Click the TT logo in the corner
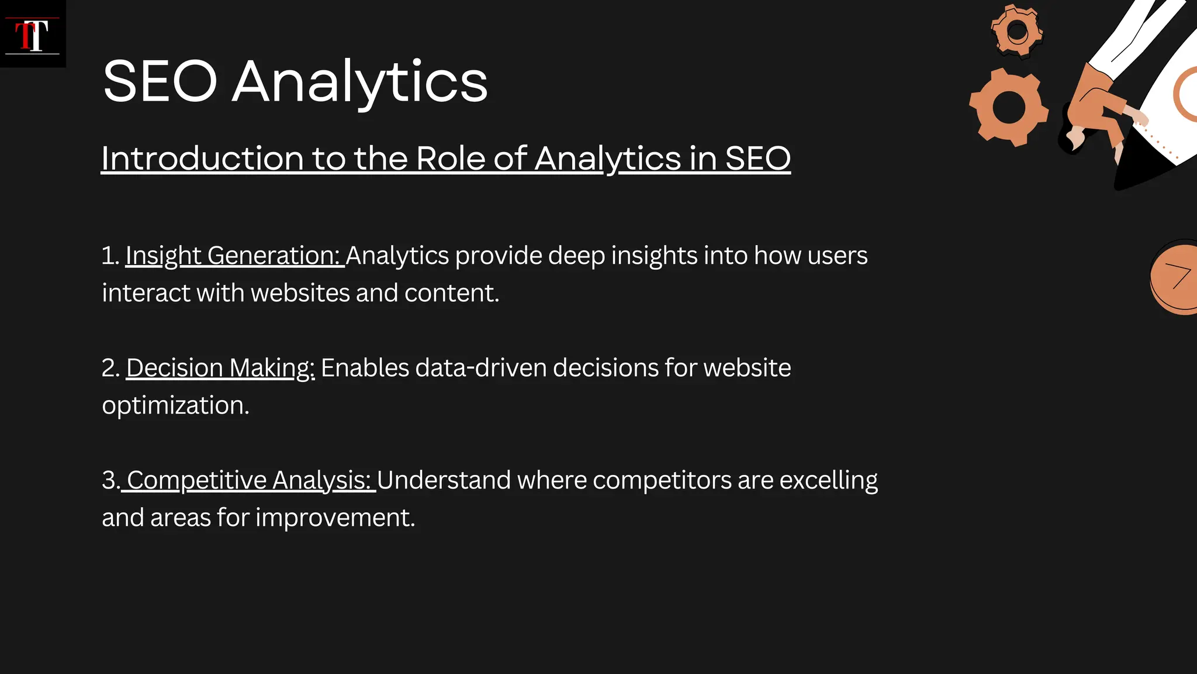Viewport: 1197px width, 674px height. coord(32,35)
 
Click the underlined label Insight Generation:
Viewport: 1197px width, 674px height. coord(234,256)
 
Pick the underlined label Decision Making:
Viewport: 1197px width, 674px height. coord(220,368)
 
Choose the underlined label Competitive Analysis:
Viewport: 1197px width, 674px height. coord(248,480)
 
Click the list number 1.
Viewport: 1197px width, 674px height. coord(109,256)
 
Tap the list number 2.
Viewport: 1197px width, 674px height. coord(110,368)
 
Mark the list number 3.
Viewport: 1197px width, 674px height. coord(110,480)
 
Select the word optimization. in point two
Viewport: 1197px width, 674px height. coord(175,405)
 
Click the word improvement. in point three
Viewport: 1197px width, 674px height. coord(335,518)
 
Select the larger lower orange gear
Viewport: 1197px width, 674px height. coord(1009,107)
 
